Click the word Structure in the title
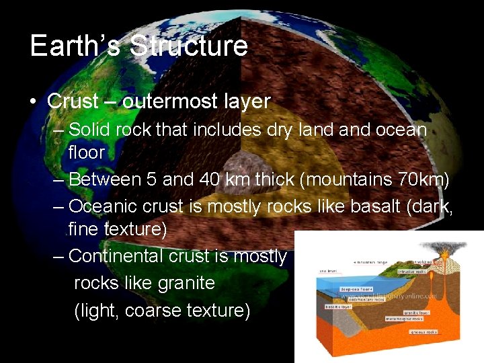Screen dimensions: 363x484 pos(189,46)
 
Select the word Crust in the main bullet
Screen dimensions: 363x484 pos(73,102)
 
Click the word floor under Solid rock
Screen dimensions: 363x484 pos(87,153)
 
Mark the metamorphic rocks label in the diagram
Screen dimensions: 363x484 pos(404,318)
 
